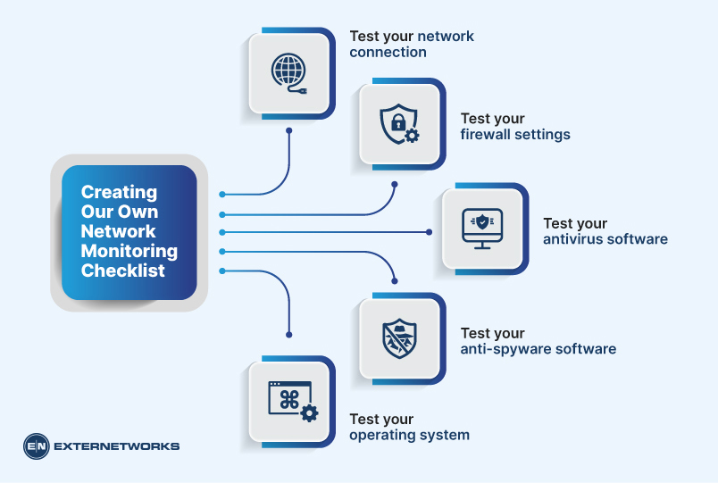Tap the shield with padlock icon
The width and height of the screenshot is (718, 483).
(397, 124)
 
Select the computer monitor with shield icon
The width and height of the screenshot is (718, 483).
(481, 229)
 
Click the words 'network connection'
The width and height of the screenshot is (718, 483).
(412, 45)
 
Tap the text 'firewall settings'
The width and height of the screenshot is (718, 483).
(514, 135)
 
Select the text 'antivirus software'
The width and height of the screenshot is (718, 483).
(605, 239)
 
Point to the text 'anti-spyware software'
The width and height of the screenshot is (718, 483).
(538, 349)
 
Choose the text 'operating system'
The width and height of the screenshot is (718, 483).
(409, 436)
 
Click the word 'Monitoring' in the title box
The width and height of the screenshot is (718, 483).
(129, 251)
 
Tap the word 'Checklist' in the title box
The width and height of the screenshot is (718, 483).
(123, 271)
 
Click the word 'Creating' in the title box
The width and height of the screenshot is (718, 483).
(119, 192)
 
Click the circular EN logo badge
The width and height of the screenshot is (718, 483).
(37, 446)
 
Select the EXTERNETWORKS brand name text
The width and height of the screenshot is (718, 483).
(117, 446)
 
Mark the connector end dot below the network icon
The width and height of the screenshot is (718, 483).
(289, 130)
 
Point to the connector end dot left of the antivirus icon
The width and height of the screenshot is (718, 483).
(429, 232)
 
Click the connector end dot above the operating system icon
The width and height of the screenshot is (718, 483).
(289, 335)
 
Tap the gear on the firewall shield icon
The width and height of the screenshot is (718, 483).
(411, 136)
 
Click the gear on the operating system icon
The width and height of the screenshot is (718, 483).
(309, 412)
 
